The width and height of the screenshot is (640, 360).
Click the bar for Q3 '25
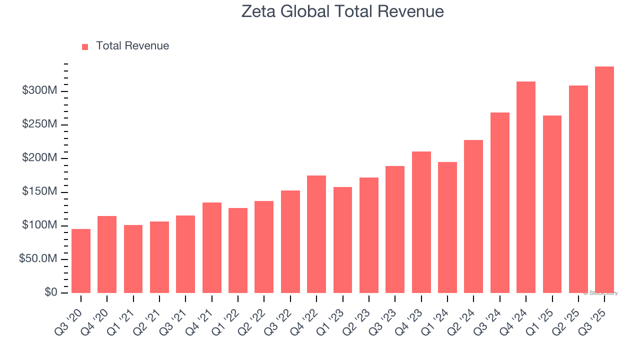click(x=604, y=180)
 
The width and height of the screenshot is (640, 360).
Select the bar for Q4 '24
click(x=526, y=187)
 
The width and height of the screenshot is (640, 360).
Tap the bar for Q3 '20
click(x=81, y=261)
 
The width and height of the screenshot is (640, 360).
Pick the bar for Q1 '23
click(x=342, y=240)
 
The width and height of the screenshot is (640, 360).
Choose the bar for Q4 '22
click(x=316, y=234)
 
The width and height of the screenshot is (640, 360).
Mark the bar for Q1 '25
click(x=552, y=204)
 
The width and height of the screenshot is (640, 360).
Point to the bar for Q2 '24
click(x=473, y=216)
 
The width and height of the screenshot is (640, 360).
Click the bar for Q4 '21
click(x=212, y=247)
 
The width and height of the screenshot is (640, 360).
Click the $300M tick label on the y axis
click(x=39, y=91)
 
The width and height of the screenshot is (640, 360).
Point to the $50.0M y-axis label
click(x=38, y=259)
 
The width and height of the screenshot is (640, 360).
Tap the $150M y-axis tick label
click(x=39, y=192)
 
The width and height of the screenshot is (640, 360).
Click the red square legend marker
click(x=85, y=46)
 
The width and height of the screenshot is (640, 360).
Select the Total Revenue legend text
click(x=132, y=46)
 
